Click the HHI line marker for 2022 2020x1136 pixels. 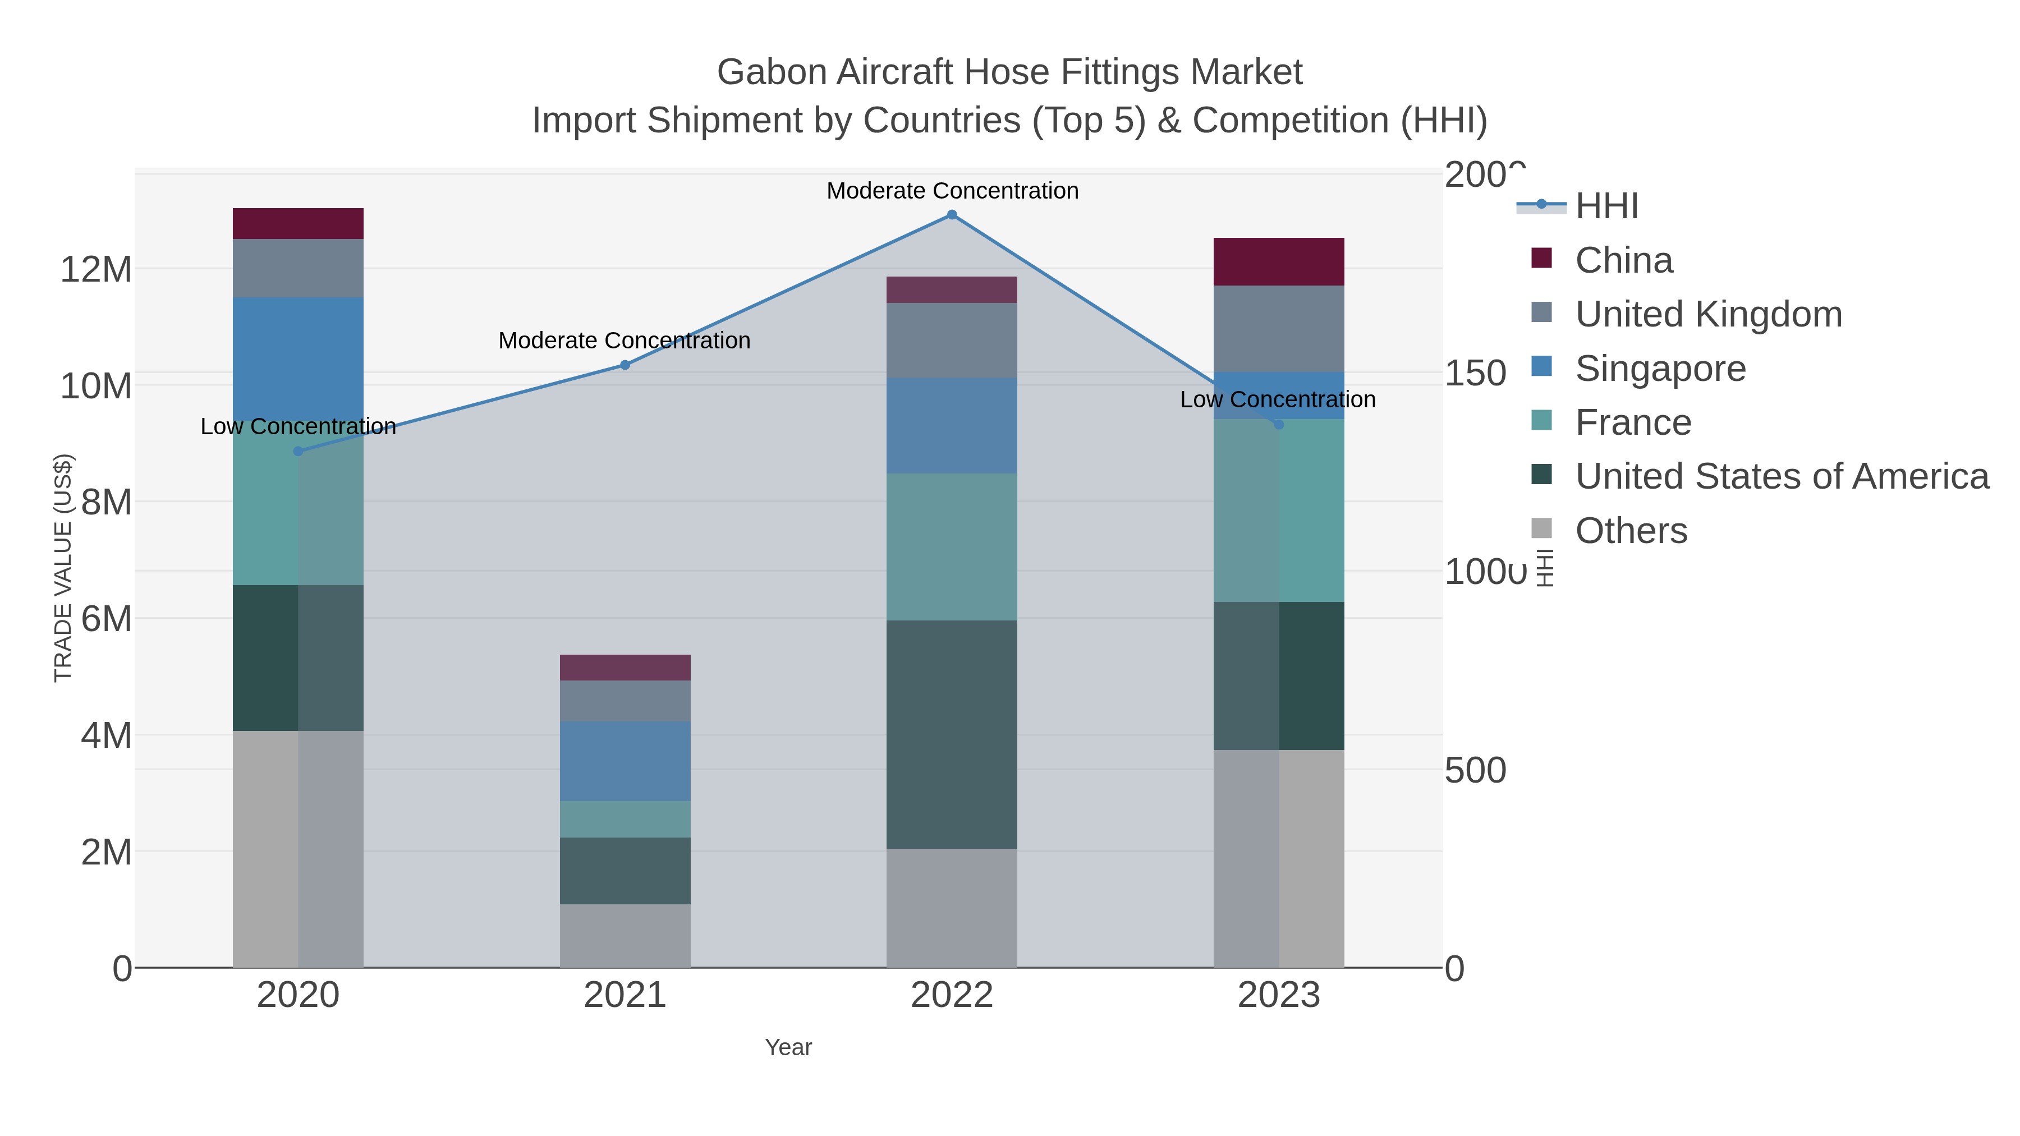point(952,215)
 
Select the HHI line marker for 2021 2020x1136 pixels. point(625,365)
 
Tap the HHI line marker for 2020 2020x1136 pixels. point(298,451)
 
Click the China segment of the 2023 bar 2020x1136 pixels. point(1278,262)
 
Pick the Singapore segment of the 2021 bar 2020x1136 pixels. point(625,761)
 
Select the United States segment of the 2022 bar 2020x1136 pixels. point(952,734)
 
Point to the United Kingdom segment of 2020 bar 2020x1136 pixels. point(298,268)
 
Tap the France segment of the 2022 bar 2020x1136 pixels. point(952,546)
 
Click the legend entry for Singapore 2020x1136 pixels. point(1660,369)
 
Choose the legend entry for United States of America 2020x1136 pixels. point(1781,477)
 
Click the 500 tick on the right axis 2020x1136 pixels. point(1474,771)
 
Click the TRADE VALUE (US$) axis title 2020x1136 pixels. point(63,568)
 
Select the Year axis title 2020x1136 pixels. point(788,1047)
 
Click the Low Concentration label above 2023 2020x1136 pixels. point(1278,400)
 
